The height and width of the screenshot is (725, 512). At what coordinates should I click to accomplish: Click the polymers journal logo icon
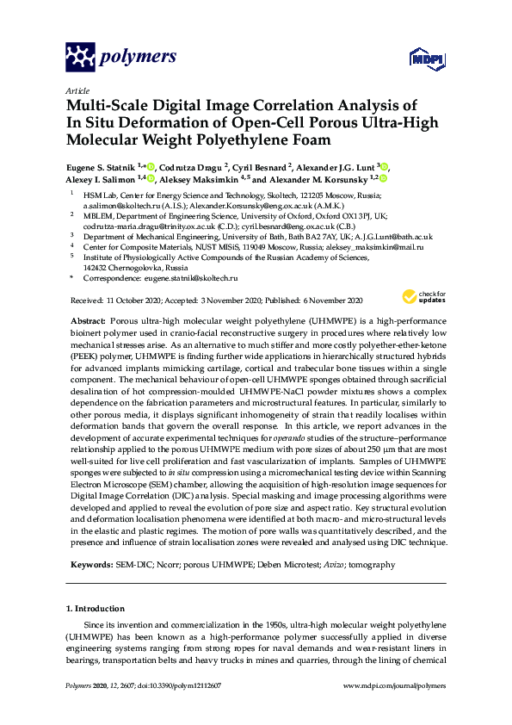pos(81,58)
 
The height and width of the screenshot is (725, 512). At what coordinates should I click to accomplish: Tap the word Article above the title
pos(76,90)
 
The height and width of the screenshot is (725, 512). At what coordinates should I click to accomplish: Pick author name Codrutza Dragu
pos(192,166)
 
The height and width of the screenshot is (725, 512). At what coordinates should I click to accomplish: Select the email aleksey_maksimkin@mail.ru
pos(375,247)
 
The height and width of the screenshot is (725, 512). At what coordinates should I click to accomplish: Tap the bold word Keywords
pos(90,565)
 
